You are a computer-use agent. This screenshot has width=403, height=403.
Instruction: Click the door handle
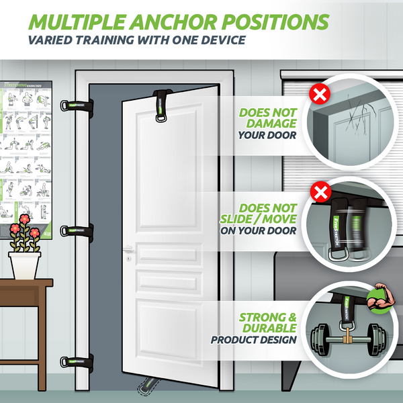click(x=130, y=250)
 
